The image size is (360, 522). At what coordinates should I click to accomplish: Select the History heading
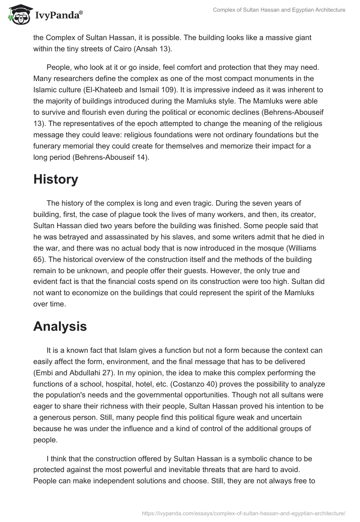[x=56, y=179]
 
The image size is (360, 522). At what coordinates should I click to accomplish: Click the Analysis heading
[x=60, y=327]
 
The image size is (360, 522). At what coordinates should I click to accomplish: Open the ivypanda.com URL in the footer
[x=243, y=513]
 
